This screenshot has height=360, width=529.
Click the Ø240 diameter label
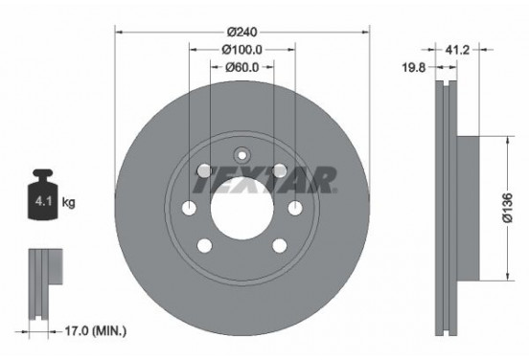coord(241,32)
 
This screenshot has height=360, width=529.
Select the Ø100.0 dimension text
coord(241,50)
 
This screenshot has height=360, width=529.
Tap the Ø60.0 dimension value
coord(241,67)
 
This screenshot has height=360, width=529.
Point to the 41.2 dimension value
coord(457,50)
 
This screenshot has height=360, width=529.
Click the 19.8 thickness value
coord(414,67)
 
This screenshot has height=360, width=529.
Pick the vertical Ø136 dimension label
coord(507,208)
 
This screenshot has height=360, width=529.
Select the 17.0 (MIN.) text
coord(96,331)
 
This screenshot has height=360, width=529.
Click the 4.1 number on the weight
coord(43,202)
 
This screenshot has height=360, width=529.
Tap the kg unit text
coord(68,202)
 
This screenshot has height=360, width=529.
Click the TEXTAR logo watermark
coord(264,180)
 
